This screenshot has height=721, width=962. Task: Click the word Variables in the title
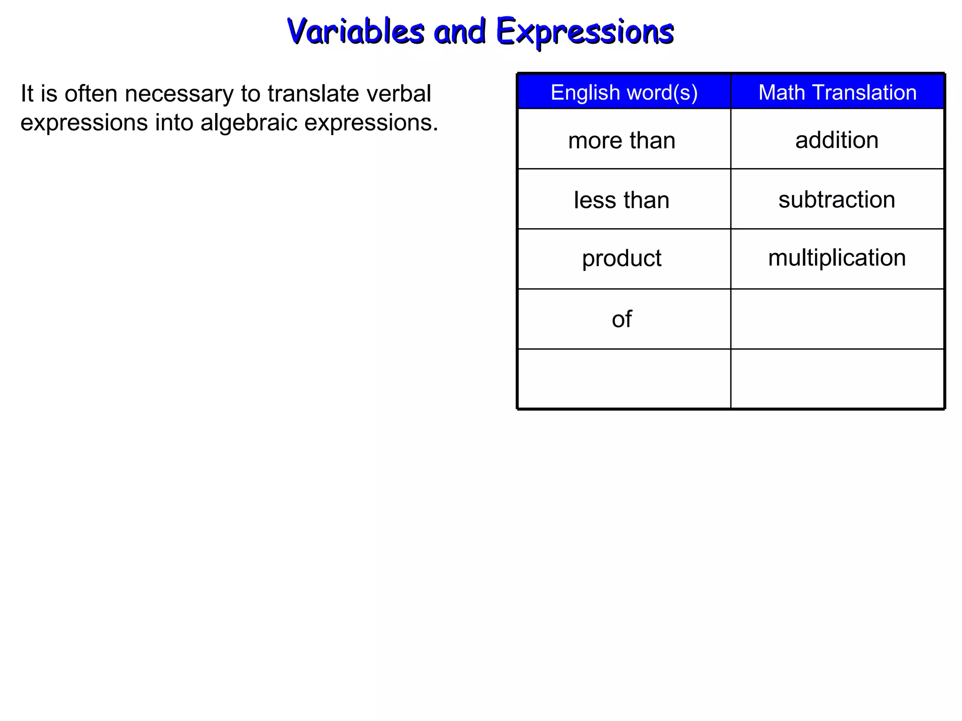point(356,32)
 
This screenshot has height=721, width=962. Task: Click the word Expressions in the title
point(585,32)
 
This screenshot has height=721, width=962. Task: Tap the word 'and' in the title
point(459,32)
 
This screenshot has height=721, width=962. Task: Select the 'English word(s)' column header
point(624,92)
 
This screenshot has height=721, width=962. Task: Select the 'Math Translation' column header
point(837,92)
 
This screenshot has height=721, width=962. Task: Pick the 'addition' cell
point(837,140)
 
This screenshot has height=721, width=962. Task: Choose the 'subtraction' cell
point(837,199)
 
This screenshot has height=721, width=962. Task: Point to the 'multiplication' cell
point(837,258)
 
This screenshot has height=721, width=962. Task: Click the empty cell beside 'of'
point(837,319)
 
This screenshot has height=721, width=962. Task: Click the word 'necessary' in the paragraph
point(179,94)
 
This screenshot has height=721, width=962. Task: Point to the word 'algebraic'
point(249,123)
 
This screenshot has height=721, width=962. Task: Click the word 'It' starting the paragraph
point(27,94)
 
